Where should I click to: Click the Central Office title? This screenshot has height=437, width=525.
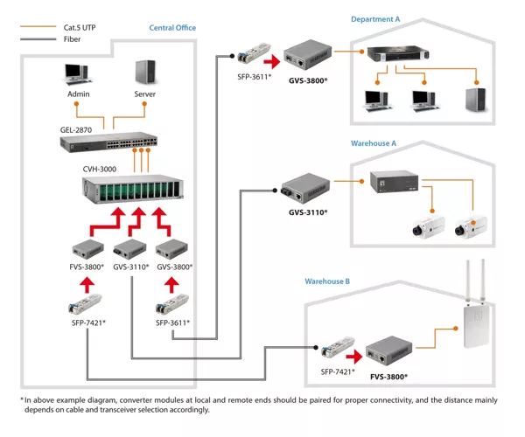(x=172, y=28)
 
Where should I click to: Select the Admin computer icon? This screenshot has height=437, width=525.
(x=77, y=74)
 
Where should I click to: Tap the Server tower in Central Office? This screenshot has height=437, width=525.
(x=145, y=72)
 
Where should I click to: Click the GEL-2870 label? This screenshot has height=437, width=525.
(x=76, y=130)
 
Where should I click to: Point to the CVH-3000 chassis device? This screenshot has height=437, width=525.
(x=133, y=189)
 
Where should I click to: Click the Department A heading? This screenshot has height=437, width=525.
(x=375, y=19)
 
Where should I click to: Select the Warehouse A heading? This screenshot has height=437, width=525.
(x=374, y=143)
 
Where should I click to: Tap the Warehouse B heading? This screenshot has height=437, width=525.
(x=327, y=281)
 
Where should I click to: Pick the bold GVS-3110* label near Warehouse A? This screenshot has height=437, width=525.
(x=308, y=212)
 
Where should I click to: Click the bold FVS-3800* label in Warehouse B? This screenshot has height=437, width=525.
(x=388, y=377)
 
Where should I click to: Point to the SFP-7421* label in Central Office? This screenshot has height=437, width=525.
(x=88, y=323)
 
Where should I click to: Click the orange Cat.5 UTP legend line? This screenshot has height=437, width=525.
(x=38, y=26)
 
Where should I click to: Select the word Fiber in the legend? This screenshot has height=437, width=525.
(x=72, y=39)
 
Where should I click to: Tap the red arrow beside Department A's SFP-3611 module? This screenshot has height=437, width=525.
(x=272, y=62)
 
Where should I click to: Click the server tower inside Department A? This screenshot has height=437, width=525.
(x=475, y=100)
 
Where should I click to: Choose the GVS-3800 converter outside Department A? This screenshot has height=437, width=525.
(x=307, y=54)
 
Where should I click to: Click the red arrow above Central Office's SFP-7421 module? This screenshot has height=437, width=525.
(x=87, y=285)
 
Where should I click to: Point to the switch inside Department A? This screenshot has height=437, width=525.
(x=398, y=54)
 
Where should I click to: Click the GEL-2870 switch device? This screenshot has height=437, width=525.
(x=108, y=142)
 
